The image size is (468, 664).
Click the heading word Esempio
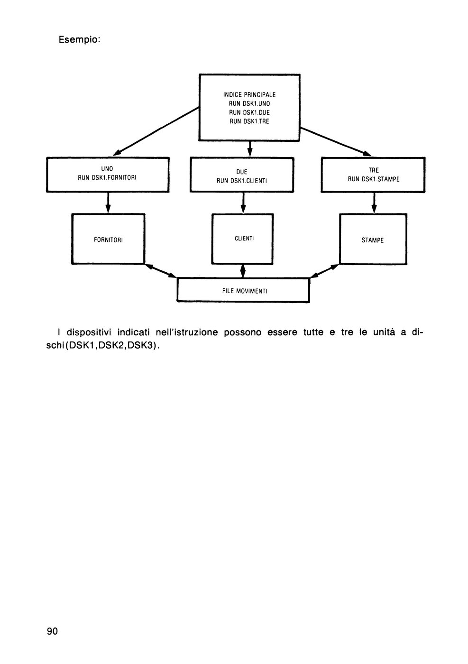(80, 40)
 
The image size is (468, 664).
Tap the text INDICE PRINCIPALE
(249, 94)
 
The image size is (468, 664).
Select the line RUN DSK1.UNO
(249, 103)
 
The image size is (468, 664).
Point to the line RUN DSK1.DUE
(249, 112)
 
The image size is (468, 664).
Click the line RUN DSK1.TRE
(249, 121)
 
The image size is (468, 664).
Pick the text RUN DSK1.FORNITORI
(107, 177)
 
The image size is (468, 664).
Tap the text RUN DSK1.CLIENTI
(241, 181)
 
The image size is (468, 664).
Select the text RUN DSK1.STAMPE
(374, 179)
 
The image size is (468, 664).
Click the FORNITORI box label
(108, 240)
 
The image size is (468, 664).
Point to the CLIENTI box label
(244, 238)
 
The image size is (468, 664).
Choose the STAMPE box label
(372, 240)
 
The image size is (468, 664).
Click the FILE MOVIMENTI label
(245, 291)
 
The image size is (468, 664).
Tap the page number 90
(52, 631)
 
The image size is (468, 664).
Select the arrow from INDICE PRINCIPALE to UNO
(156, 131)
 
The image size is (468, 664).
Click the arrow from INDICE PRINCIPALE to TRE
(335, 141)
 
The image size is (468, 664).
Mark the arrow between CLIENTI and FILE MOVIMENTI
(243, 271)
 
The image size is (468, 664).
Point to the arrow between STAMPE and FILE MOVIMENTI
(324, 271)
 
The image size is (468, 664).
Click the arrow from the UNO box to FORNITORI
(108, 203)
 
